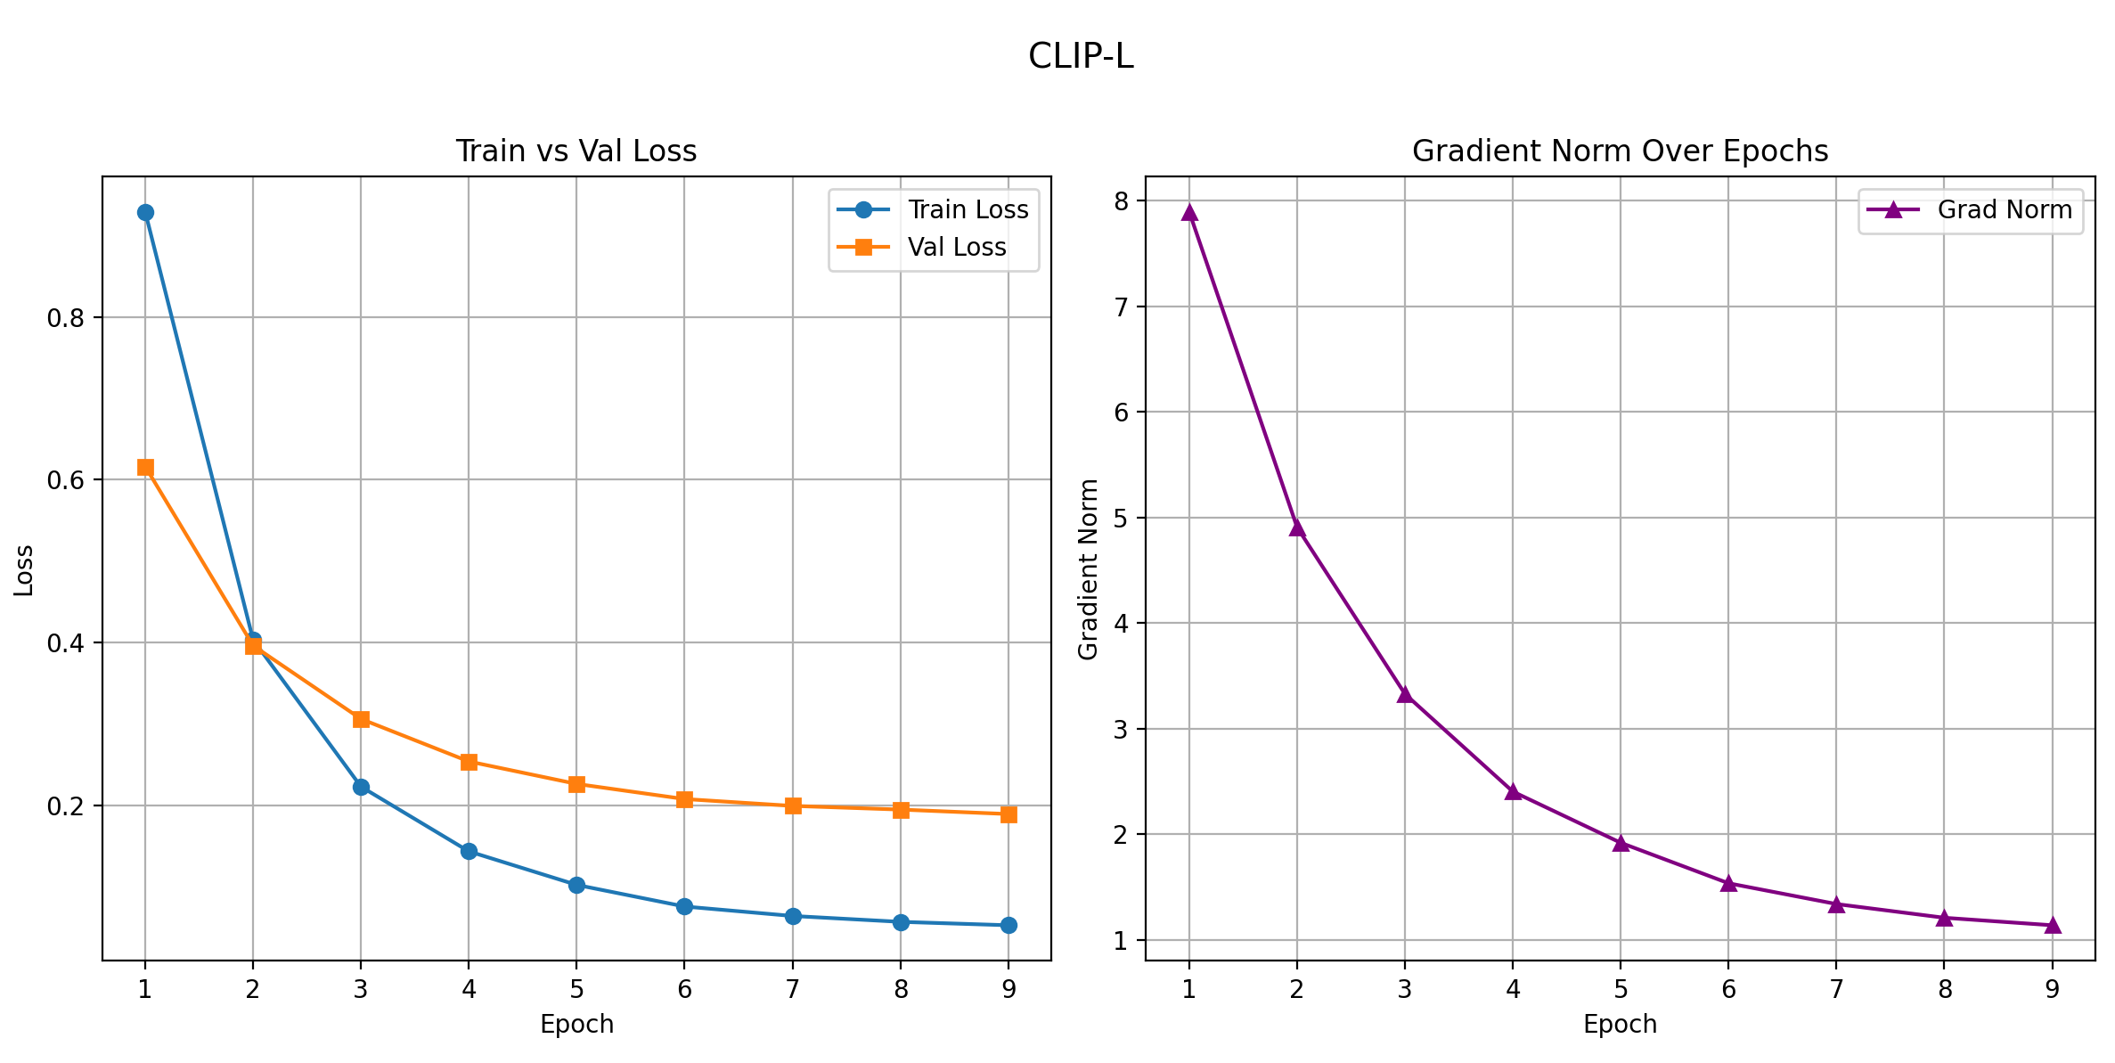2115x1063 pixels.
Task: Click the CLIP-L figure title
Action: pos(1081,57)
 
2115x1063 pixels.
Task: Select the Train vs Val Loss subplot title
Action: pos(576,151)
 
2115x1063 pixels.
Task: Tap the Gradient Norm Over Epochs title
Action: pos(1620,151)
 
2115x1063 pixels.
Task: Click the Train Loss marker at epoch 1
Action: pos(145,213)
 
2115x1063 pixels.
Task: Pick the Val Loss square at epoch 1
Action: pos(145,468)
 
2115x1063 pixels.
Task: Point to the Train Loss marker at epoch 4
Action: pos(469,852)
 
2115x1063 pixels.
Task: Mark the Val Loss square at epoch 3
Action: pos(361,719)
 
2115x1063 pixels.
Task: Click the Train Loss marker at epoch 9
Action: pos(1009,926)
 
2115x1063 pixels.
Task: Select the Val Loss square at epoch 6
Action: pos(684,799)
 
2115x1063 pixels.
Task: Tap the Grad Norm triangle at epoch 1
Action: pos(1189,212)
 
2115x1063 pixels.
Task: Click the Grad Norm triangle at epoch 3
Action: pos(1405,695)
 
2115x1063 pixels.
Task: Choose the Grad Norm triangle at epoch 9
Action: pos(2053,926)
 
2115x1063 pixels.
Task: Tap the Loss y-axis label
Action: pos(24,570)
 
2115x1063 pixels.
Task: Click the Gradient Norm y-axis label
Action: pos(1088,570)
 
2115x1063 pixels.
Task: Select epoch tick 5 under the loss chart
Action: pos(576,989)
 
